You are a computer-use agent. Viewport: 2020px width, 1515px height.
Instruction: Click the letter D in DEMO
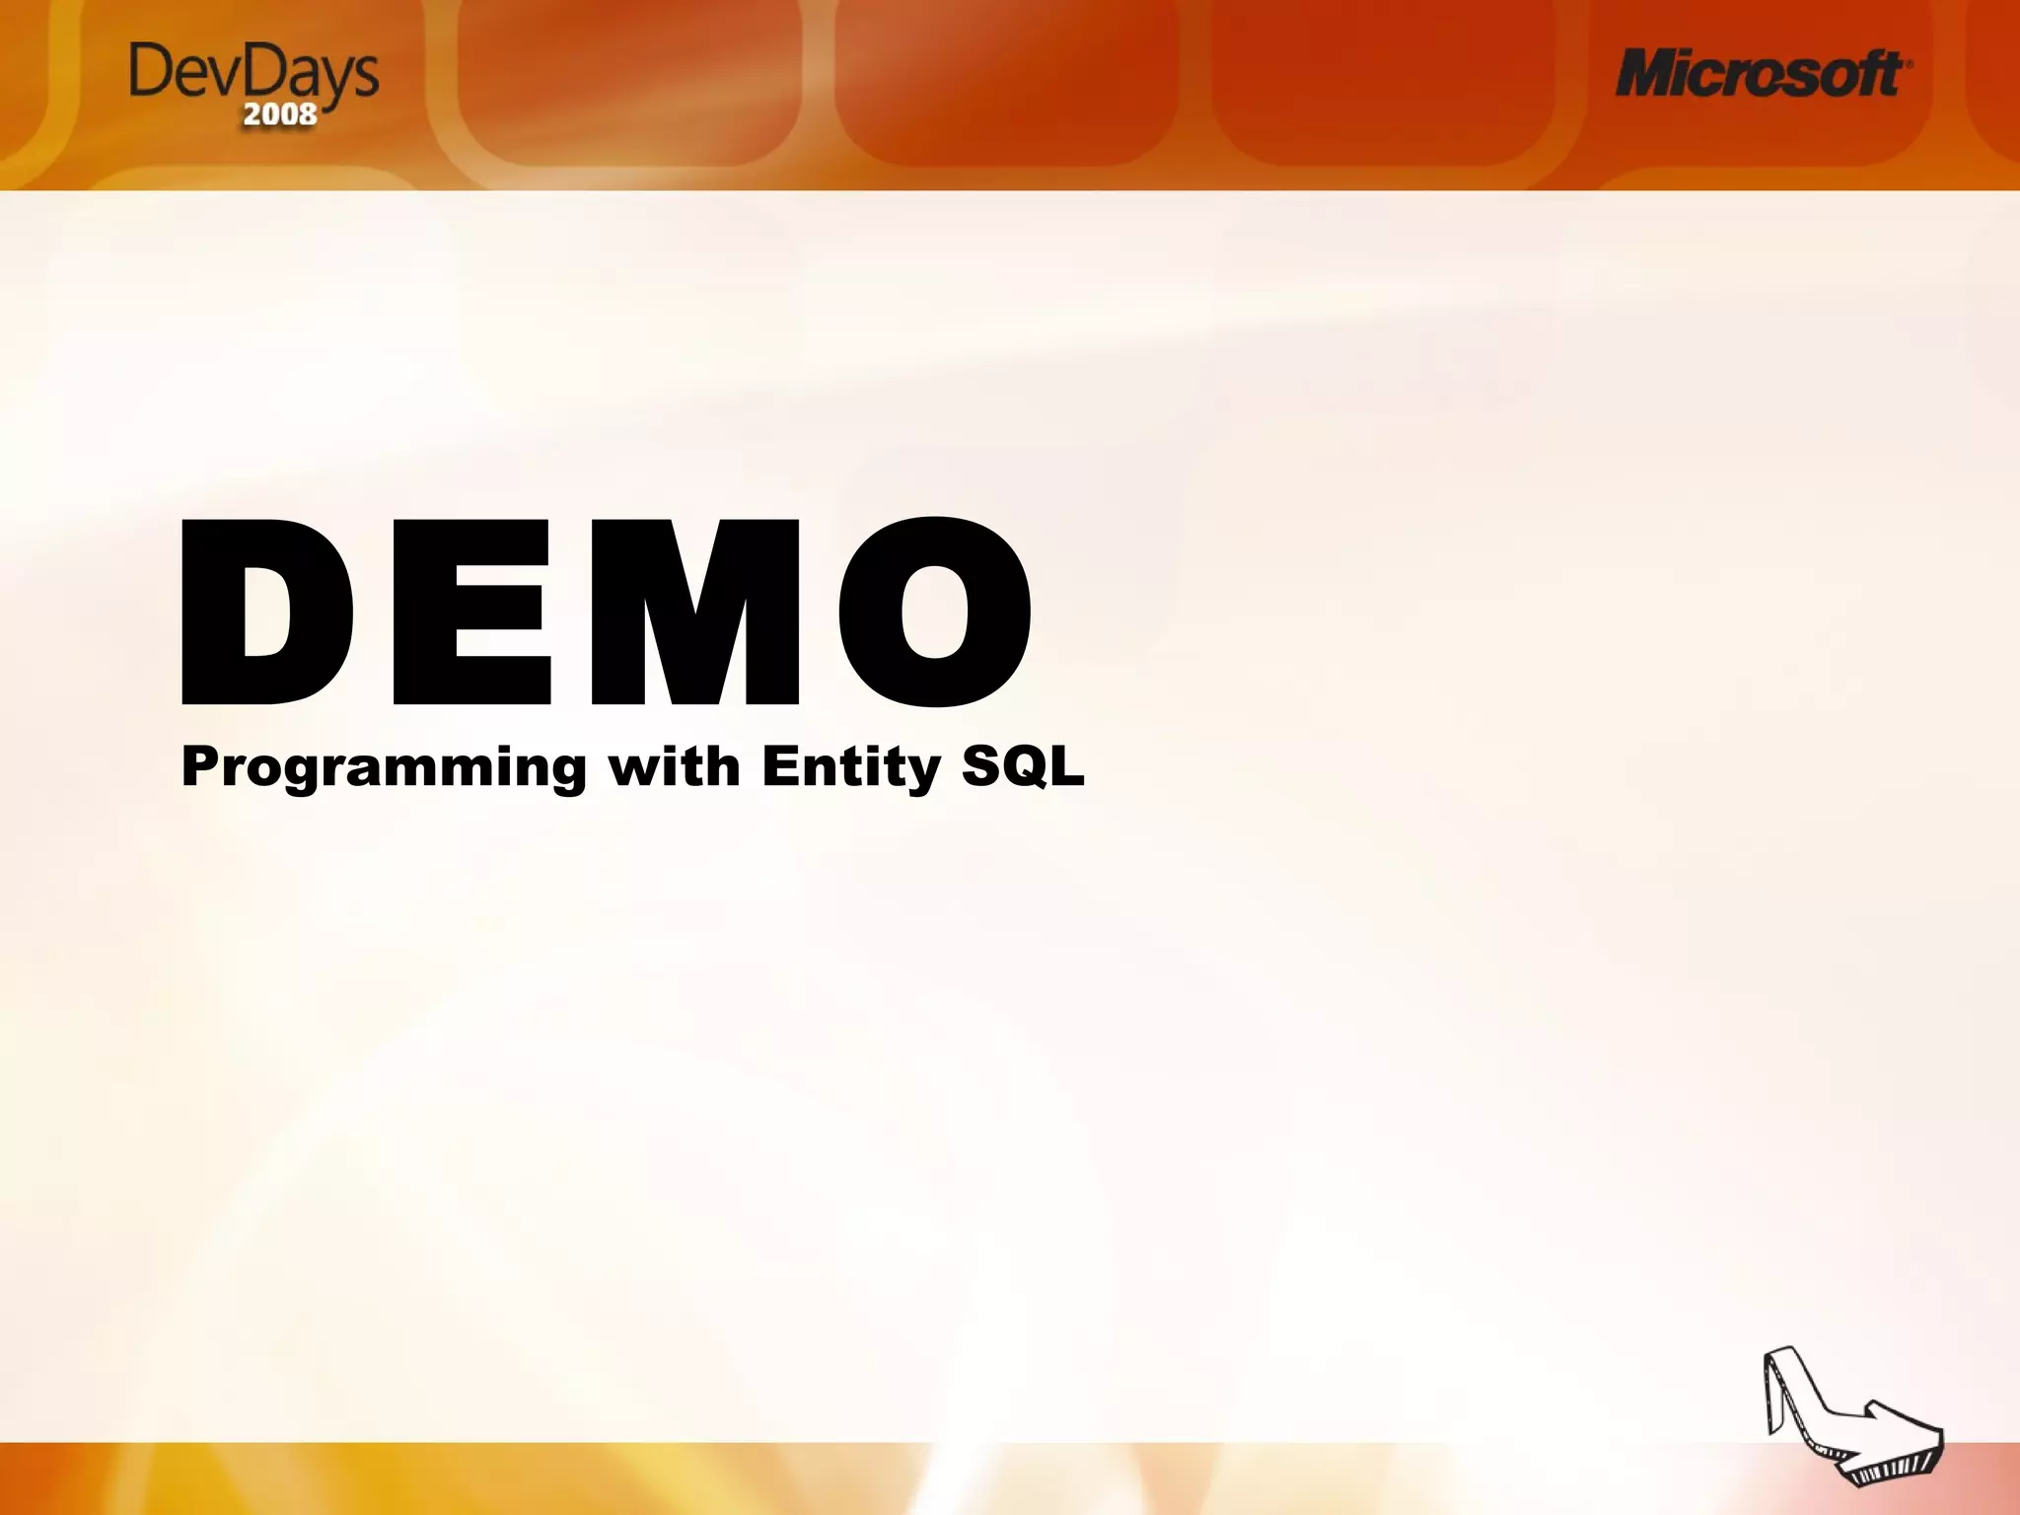click(266, 612)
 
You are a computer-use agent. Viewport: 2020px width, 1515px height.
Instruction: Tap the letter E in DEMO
click(471, 612)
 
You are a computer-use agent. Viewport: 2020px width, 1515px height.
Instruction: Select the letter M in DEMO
click(695, 612)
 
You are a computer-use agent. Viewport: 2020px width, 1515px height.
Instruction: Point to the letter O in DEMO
click(935, 612)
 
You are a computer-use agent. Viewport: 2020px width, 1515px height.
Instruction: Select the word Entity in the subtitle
click(851, 767)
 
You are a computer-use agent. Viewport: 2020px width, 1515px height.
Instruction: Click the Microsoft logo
click(1762, 74)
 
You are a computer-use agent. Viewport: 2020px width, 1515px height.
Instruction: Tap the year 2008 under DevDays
click(280, 114)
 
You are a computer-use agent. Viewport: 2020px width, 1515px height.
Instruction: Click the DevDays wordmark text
click(253, 73)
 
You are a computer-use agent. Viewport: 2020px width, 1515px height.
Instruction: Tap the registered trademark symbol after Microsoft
click(1910, 61)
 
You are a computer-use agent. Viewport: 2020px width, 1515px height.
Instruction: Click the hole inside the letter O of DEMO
click(935, 612)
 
